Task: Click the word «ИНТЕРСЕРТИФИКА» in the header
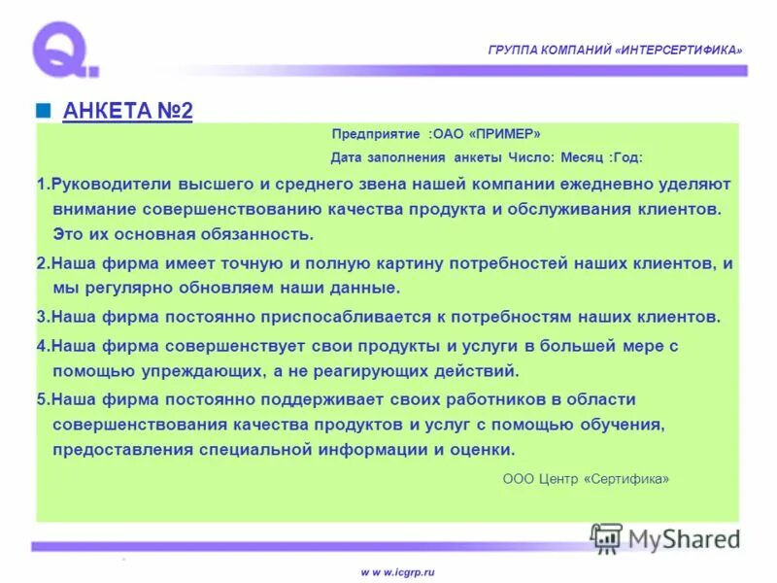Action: pos(679,50)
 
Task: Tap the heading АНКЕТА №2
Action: pos(127,111)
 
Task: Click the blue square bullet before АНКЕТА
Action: pos(43,110)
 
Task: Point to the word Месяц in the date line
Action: pos(584,157)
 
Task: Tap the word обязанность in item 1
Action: pos(257,234)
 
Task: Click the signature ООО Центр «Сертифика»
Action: pos(586,479)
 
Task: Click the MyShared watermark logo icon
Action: pos(606,537)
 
